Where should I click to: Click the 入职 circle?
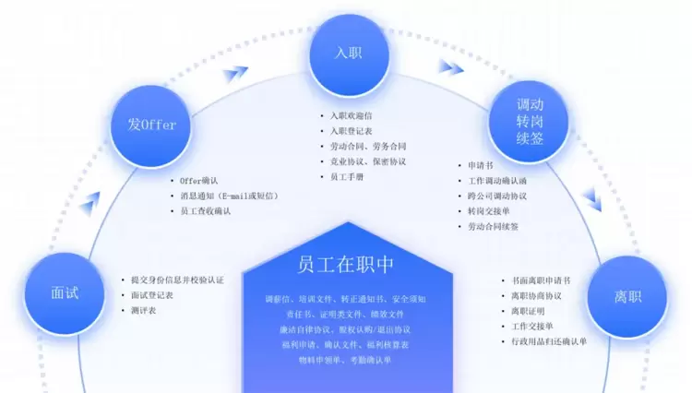click(347, 53)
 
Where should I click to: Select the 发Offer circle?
click(152, 124)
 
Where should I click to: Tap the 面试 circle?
click(65, 293)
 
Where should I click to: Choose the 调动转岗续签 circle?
click(530, 121)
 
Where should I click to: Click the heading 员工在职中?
click(346, 264)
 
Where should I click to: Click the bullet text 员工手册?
click(347, 176)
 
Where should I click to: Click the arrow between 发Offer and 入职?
click(236, 72)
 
